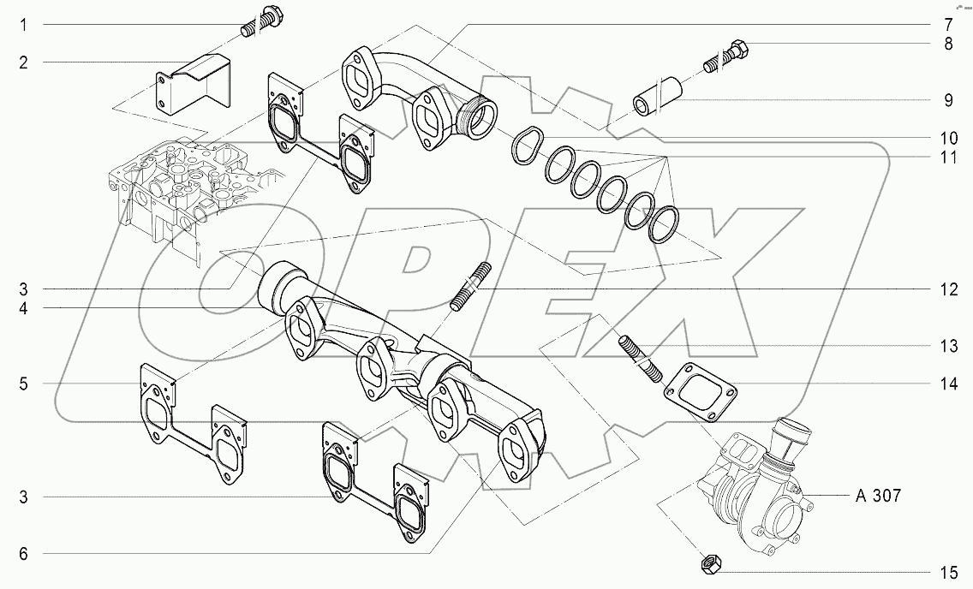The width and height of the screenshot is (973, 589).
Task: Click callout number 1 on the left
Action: coord(24,26)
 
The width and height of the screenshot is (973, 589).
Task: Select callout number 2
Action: coord(24,62)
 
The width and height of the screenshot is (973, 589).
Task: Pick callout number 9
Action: coord(948,100)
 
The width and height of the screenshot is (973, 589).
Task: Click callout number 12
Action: coord(948,290)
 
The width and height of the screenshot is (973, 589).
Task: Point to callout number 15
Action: coord(948,571)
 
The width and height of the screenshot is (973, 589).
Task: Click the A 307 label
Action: coord(878,496)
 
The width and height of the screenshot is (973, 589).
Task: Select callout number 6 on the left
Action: coord(24,554)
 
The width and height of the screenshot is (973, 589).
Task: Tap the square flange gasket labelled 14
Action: coord(700,393)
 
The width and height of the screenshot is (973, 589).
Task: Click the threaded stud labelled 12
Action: coord(469,286)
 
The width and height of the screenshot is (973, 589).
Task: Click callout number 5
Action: coord(24,384)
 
